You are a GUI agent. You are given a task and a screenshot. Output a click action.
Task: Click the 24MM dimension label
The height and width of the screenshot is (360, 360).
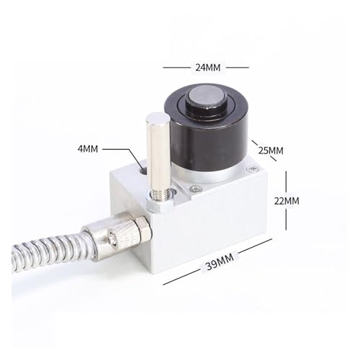207,68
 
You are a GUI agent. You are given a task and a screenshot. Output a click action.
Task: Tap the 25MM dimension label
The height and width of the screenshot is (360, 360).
271,150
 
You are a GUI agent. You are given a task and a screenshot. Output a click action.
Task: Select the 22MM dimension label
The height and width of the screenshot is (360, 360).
287,201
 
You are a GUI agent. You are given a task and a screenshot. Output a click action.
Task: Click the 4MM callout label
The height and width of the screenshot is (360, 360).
88,149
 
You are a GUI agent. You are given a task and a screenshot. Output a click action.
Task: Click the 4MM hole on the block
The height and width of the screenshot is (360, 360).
144,171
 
